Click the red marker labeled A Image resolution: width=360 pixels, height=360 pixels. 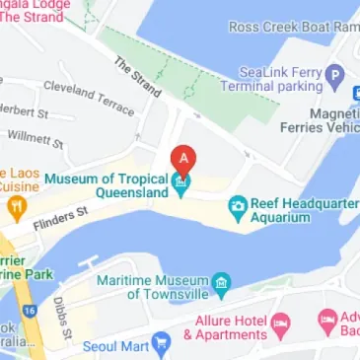(181, 158)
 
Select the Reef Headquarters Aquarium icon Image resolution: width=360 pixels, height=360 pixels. (237, 207)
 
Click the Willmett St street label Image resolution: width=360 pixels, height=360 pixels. (36, 137)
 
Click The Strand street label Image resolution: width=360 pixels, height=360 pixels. (137, 76)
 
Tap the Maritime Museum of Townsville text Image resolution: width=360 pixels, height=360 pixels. (153, 287)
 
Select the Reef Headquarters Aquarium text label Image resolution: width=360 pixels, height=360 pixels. (302, 209)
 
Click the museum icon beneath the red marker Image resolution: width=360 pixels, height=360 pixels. (181, 183)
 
